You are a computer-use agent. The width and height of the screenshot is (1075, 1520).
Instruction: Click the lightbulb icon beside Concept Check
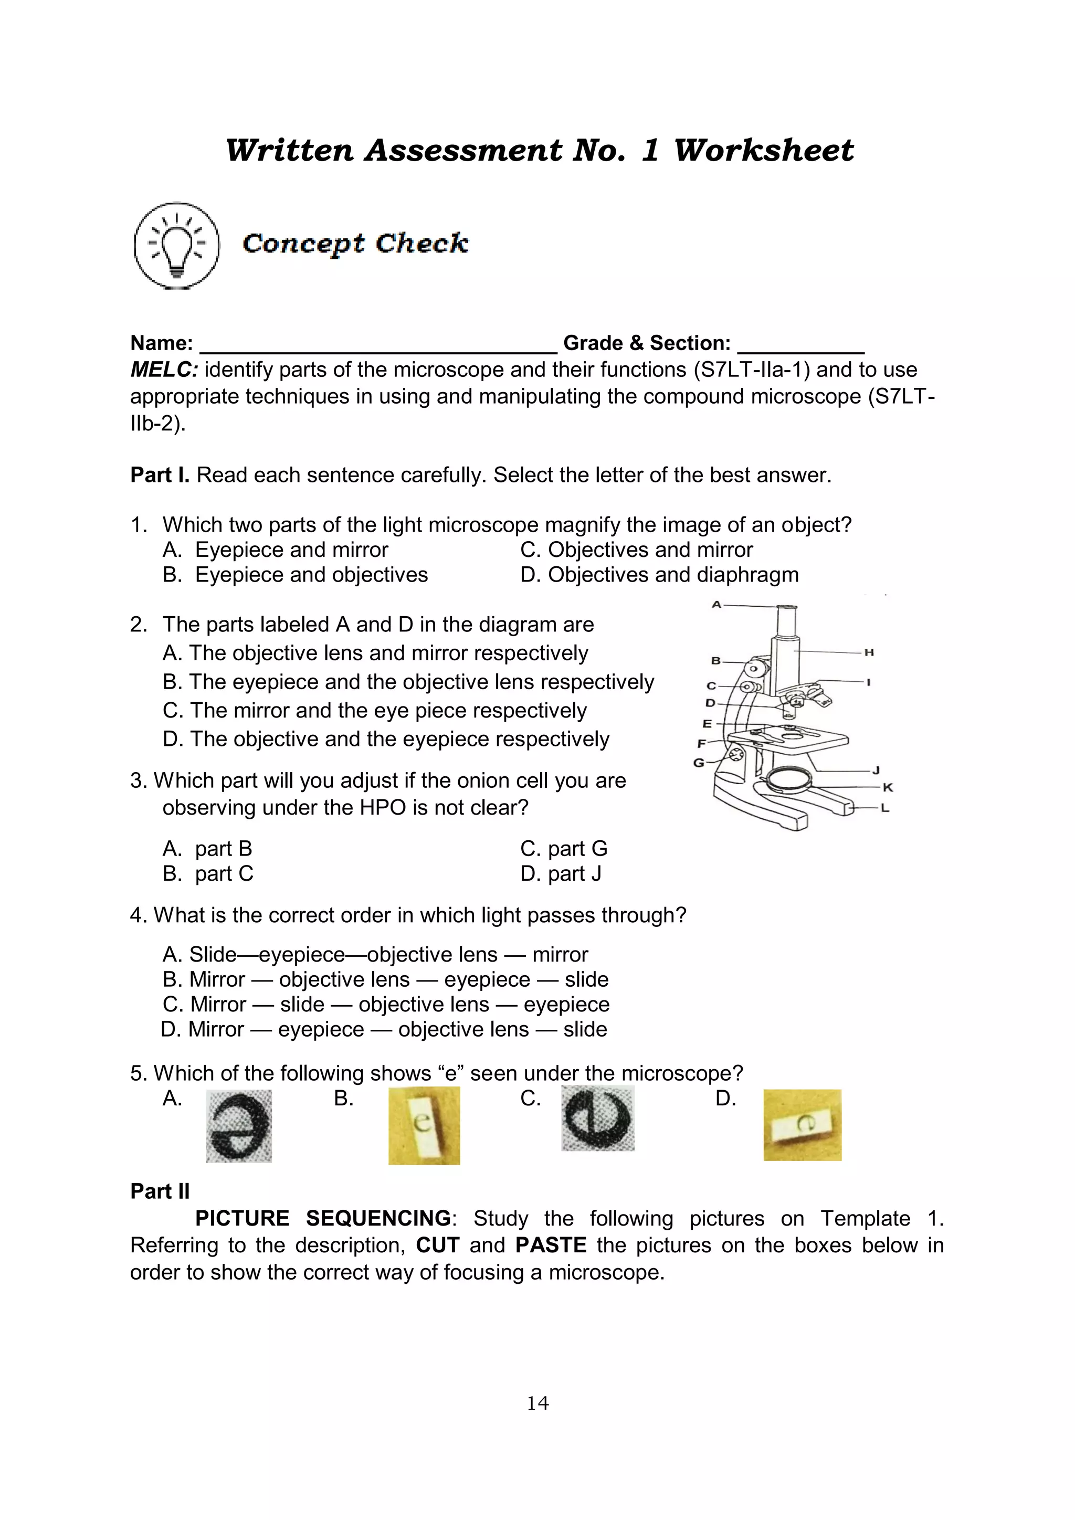176,246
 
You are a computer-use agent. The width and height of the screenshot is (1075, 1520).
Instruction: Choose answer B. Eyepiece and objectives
296,575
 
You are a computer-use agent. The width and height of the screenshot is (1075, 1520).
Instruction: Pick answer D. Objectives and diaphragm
659,575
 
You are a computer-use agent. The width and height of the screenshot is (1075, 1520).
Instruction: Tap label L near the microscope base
885,808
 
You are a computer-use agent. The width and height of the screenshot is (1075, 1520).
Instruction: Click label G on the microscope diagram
698,763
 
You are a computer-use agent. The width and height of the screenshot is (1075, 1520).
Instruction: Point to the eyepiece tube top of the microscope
786,608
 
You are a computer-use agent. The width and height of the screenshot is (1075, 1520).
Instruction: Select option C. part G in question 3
564,849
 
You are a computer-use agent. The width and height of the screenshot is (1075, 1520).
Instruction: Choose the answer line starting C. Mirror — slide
386,1004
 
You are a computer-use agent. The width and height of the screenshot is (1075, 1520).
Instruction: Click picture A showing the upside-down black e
239,1125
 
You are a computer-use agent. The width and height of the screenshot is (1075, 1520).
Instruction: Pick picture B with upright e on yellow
424,1125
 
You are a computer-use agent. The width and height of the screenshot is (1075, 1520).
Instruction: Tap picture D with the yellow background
802,1125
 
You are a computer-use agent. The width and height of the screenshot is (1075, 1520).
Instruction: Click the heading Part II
160,1191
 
